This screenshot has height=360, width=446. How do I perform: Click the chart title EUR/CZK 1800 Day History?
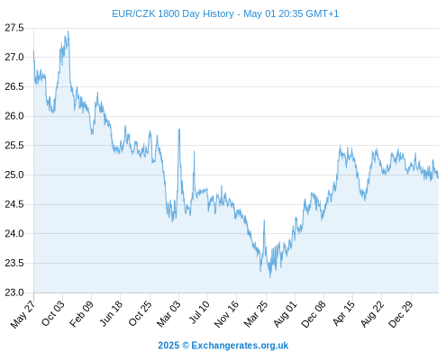pos(173,13)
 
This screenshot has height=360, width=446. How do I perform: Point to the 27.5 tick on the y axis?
pos(14,28)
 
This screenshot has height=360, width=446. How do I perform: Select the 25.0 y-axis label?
pos(14,175)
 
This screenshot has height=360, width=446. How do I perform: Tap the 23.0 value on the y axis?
pos(14,292)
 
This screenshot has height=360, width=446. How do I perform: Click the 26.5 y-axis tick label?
pos(14,86)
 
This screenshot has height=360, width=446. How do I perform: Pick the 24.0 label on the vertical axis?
pos(14,233)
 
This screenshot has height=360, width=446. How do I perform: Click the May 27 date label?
pos(23,314)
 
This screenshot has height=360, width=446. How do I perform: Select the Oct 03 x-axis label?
pos(53,313)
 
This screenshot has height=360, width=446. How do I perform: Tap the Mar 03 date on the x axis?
pos(168,313)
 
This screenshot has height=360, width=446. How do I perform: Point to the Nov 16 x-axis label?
pos(226,314)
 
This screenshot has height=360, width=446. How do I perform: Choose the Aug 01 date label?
pos(285,313)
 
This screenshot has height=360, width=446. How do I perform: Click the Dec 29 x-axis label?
pos(401,314)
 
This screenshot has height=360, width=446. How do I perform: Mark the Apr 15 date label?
pos(343,313)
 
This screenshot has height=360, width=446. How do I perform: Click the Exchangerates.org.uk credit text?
pos(240,346)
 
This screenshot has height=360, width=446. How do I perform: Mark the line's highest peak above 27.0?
pos(68,31)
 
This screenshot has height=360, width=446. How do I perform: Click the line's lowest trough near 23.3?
pos(270,277)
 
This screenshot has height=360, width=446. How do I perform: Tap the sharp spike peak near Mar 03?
pos(179,129)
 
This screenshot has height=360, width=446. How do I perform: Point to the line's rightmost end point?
pos(438,178)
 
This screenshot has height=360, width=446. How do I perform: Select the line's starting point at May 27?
pos(33,51)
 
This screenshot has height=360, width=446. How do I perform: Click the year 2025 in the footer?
pos(168,346)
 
